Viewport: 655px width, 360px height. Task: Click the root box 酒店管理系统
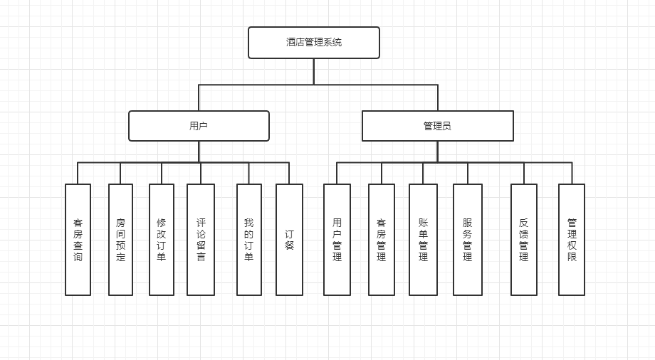[x=313, y=43]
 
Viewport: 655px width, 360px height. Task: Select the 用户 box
[x=199, y=126]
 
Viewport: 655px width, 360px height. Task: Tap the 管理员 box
[x=437, y=126]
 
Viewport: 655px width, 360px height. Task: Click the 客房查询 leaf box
[x=78, y=240]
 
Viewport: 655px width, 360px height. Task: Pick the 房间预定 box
[x=120, y=240]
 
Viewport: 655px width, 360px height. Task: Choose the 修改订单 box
[x=162, y=240]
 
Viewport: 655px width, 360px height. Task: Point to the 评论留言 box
[x=201, y=240]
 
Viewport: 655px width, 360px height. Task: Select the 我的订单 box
[x=248, y=240]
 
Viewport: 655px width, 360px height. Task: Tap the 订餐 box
[x=289, y=240]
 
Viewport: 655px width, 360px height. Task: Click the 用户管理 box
[x=337, y=240]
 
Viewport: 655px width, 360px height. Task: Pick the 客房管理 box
[x=382, y=240]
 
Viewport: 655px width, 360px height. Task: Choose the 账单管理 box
[x=423, y=240]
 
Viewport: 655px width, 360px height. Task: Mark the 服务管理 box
[x=468, y=240]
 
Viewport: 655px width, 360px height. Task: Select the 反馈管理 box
[x=524, y=240]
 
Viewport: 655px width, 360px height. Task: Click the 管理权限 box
[x=572, y=240]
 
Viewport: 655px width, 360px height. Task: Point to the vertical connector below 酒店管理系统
[x=313, y=71]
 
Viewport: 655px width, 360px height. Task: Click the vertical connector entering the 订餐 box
[x=289, y=174]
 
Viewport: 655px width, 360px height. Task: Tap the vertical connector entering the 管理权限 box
[x=572, y=174]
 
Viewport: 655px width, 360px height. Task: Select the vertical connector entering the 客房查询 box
[x=78, y=174]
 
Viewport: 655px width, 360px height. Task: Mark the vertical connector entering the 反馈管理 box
[x=524, y=174]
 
